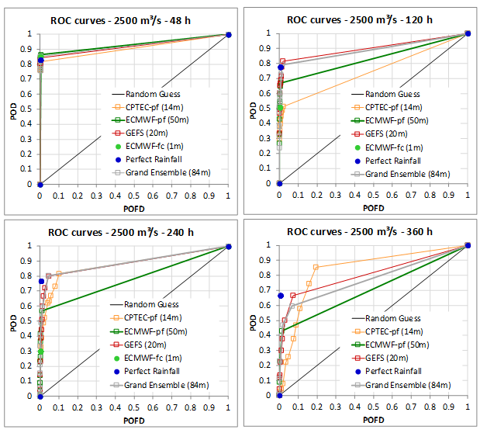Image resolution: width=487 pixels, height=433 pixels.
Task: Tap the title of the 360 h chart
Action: (x=361, y=230)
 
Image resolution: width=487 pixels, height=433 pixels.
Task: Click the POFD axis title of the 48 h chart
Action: (x=133, y=208)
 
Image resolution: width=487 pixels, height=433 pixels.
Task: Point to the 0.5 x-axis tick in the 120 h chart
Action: (x=374, y=195)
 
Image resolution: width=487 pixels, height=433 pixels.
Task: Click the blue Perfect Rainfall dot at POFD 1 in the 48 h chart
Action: (x=228, y=34)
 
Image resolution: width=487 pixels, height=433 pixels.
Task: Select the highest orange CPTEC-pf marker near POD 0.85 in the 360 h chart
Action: (x=316, y=267)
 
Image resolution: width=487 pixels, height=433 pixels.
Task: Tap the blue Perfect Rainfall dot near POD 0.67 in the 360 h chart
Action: (x=280, y=296)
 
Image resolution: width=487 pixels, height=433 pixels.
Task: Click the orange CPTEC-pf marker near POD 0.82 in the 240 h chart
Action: (x=58, y=273)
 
